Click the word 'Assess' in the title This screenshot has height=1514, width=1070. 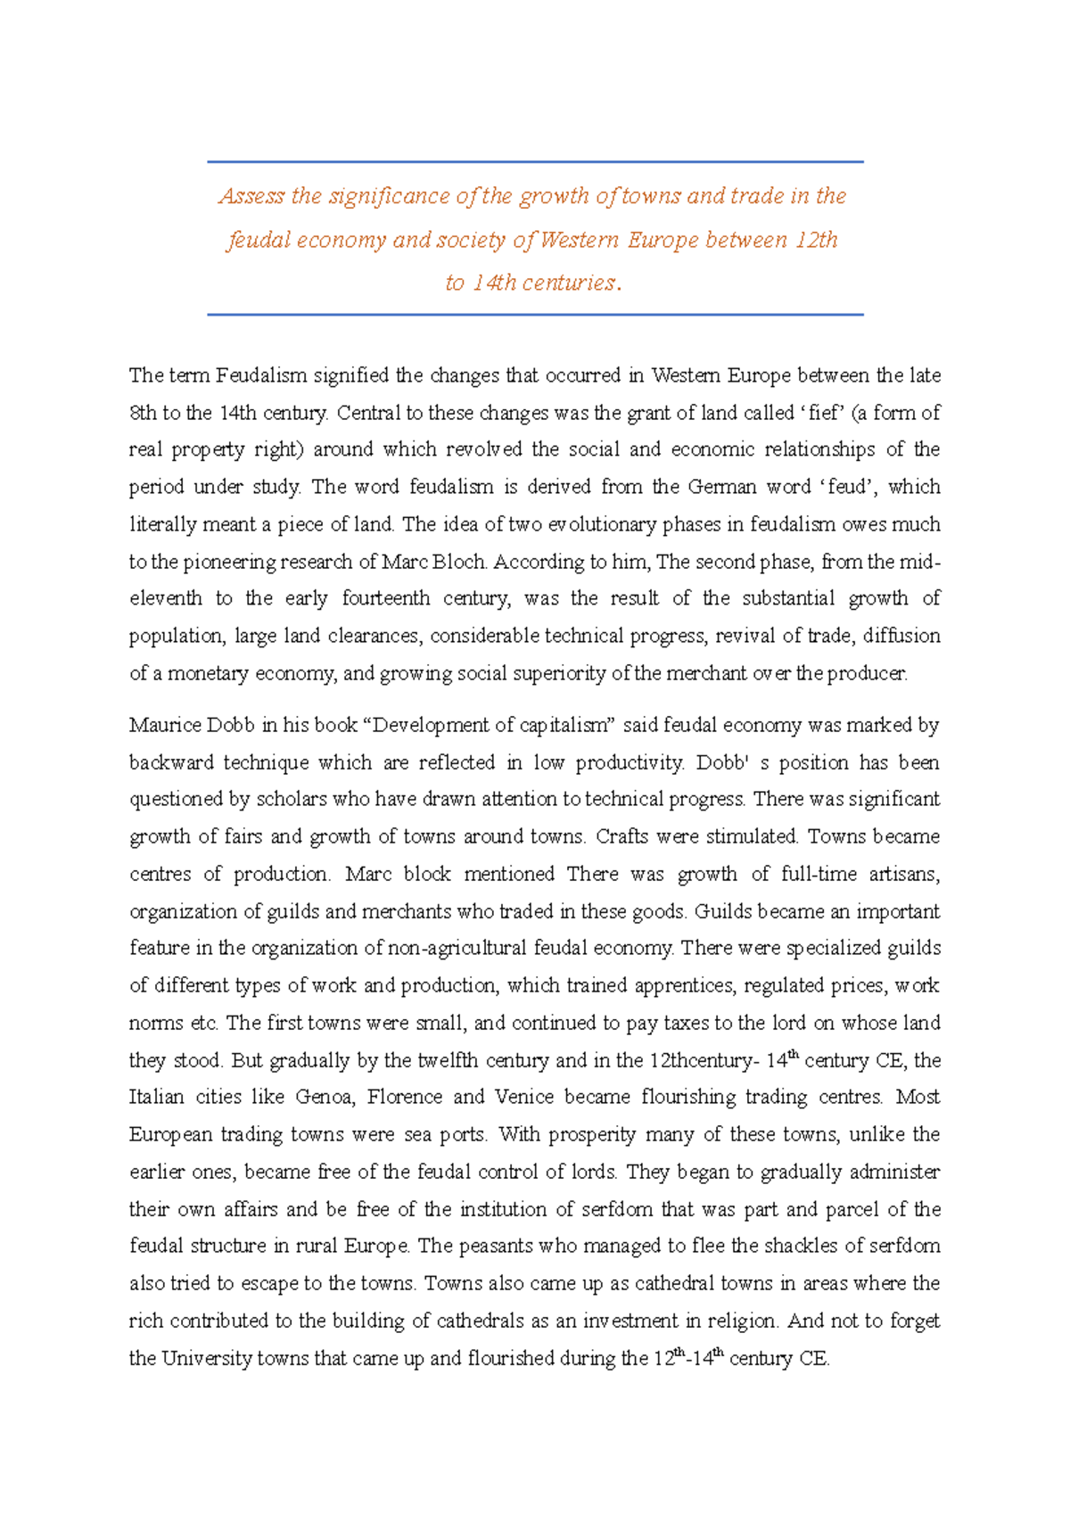tap(251, 196)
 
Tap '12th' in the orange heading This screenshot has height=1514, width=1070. tap(815, 240)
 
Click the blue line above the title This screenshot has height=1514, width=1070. tap(535, 162)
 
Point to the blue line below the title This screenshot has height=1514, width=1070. tap(535, 315)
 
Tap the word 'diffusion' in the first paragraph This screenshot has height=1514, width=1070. tap(902, 636)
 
